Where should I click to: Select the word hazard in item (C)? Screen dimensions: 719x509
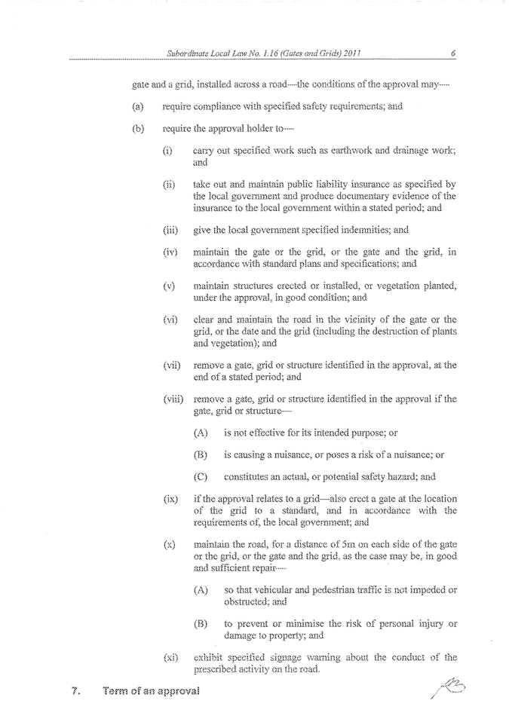click(x=402, y=476)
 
